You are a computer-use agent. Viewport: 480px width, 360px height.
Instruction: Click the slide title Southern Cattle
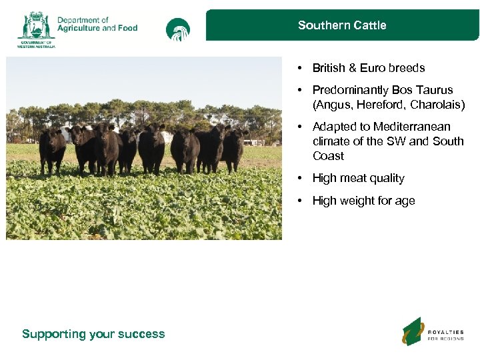pos(342,25)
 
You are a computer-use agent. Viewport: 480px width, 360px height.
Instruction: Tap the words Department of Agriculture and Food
pos(97,25)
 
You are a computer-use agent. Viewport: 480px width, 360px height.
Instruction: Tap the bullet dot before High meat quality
pos(301,178)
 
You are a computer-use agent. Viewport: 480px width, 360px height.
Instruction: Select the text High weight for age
pos(363,201)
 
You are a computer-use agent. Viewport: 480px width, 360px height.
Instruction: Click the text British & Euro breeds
pos(368,68)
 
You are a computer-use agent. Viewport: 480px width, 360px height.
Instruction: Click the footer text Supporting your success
pos(93,334)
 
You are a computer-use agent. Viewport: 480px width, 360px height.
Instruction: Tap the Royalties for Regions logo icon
pos(412,331)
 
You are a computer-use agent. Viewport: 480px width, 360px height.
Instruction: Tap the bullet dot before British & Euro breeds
pos(301,68)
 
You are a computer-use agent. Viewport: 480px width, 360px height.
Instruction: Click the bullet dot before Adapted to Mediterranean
pos(301,127)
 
